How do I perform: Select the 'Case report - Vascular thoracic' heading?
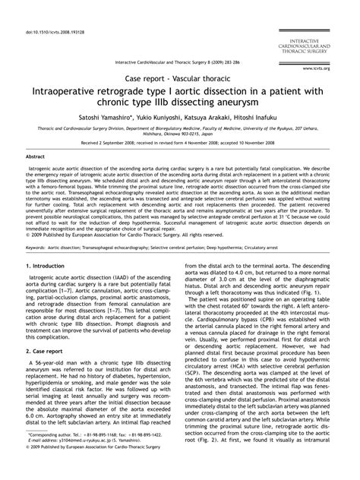[x=180, y=78]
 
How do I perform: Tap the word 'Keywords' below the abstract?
[x=37, y=247]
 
